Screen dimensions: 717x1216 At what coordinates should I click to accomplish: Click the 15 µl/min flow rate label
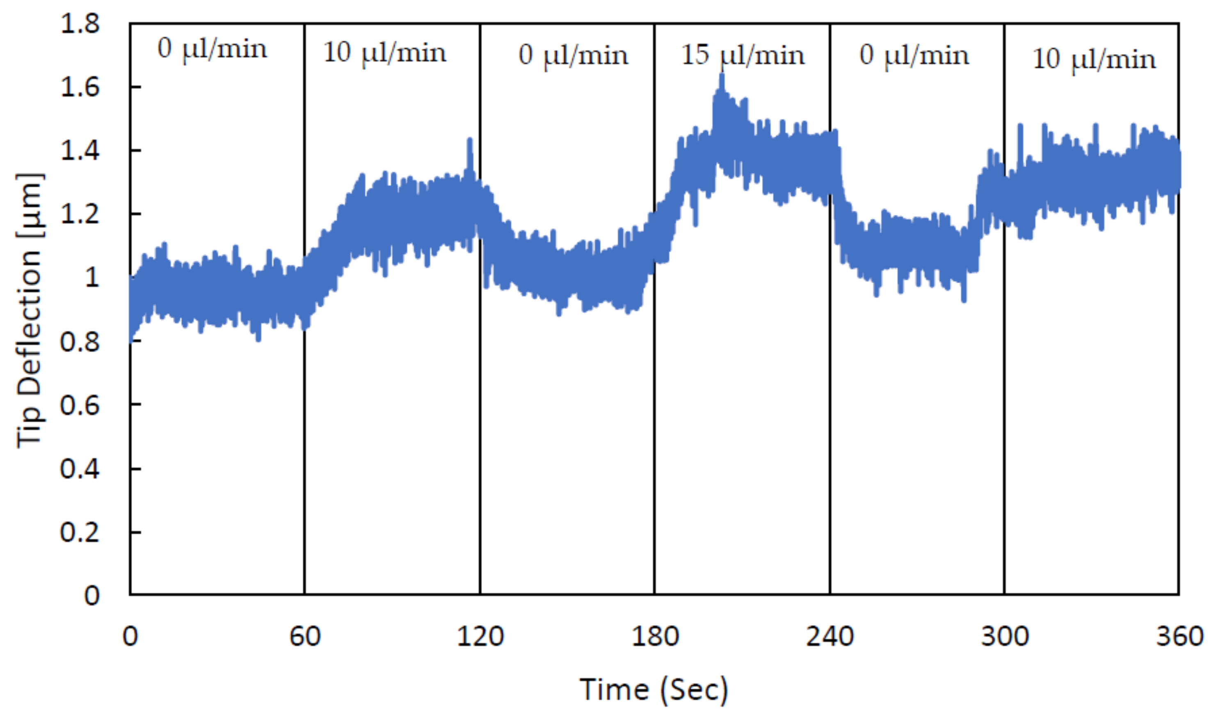click(x=743, y=56)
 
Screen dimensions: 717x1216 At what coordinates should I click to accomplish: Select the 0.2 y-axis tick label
click(x=80, y=533)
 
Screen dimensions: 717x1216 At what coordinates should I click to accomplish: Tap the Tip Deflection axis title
click(x=30, y=310)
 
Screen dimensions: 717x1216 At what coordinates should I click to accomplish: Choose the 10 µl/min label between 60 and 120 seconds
click(x=384, y=53)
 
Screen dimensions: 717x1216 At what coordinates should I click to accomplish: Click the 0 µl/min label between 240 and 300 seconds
click(x=914, y=56)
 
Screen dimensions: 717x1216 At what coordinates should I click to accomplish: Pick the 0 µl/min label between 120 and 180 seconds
click(x=573, y=56)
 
